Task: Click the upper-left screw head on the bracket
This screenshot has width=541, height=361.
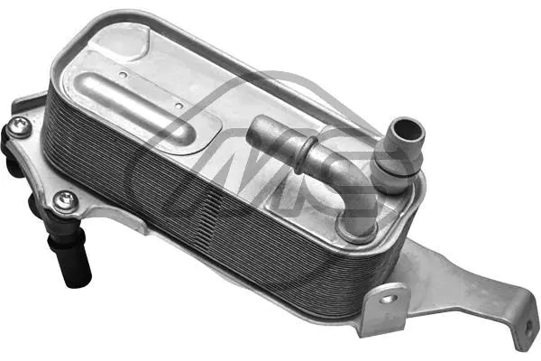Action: click(19, 127)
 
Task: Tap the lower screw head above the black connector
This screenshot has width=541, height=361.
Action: click(63, 200)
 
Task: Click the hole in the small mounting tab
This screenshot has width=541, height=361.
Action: click(390, 297)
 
